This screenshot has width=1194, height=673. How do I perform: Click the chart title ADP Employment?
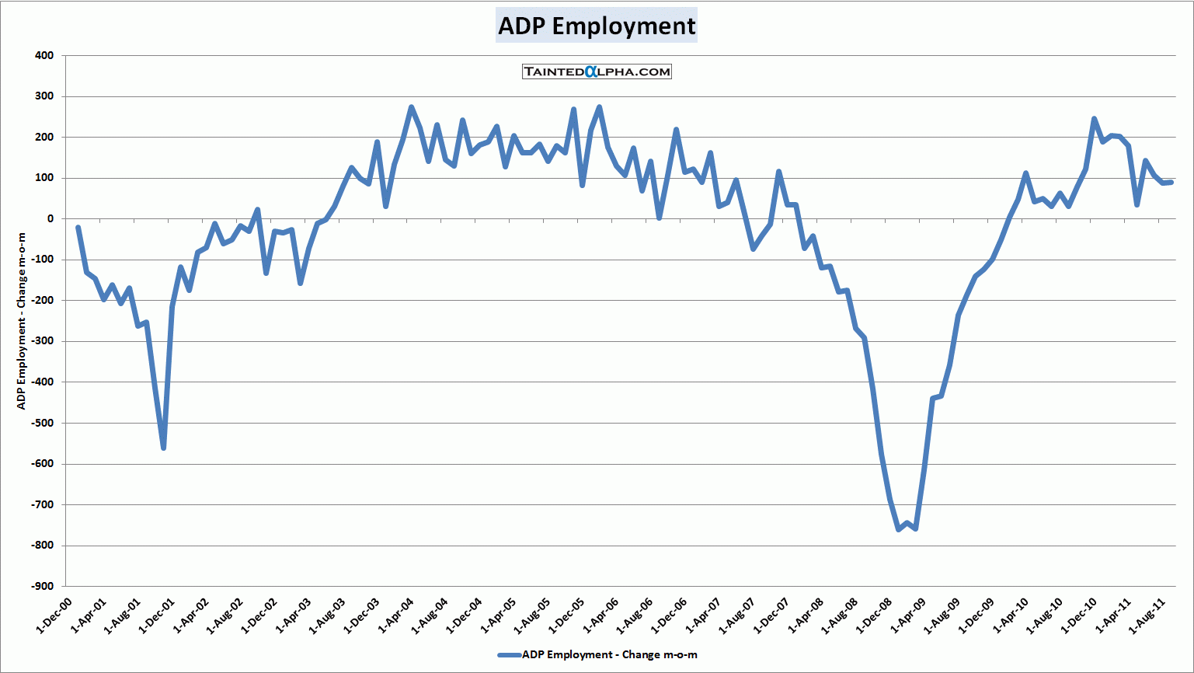597,26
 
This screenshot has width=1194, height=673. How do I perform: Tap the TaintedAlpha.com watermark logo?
597,71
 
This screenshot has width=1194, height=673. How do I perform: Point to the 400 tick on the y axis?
44,56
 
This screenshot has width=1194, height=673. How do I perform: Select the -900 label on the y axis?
43,587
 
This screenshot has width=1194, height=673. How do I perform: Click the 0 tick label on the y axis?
50,219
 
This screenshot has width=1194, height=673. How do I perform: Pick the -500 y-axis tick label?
43,424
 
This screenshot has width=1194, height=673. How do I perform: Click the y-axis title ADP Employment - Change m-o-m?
22,321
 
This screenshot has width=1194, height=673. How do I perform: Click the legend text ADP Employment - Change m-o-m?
609,655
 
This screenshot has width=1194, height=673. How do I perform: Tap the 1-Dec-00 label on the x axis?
54,616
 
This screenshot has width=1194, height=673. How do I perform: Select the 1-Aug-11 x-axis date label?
1147,616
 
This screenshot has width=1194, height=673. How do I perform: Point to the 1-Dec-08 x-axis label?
874,616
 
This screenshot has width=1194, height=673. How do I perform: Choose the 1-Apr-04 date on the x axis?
395,616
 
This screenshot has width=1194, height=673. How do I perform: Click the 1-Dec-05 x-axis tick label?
566,616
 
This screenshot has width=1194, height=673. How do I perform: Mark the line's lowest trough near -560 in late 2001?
163,448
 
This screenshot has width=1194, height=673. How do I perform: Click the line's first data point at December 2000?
78,228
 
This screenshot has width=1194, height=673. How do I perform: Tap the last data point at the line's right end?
1171,182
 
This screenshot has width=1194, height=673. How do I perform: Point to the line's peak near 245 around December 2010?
1094,119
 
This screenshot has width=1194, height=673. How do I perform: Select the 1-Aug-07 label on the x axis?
737,616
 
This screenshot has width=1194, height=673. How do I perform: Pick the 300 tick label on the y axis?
44,96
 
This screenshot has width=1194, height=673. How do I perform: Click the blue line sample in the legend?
509,655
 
